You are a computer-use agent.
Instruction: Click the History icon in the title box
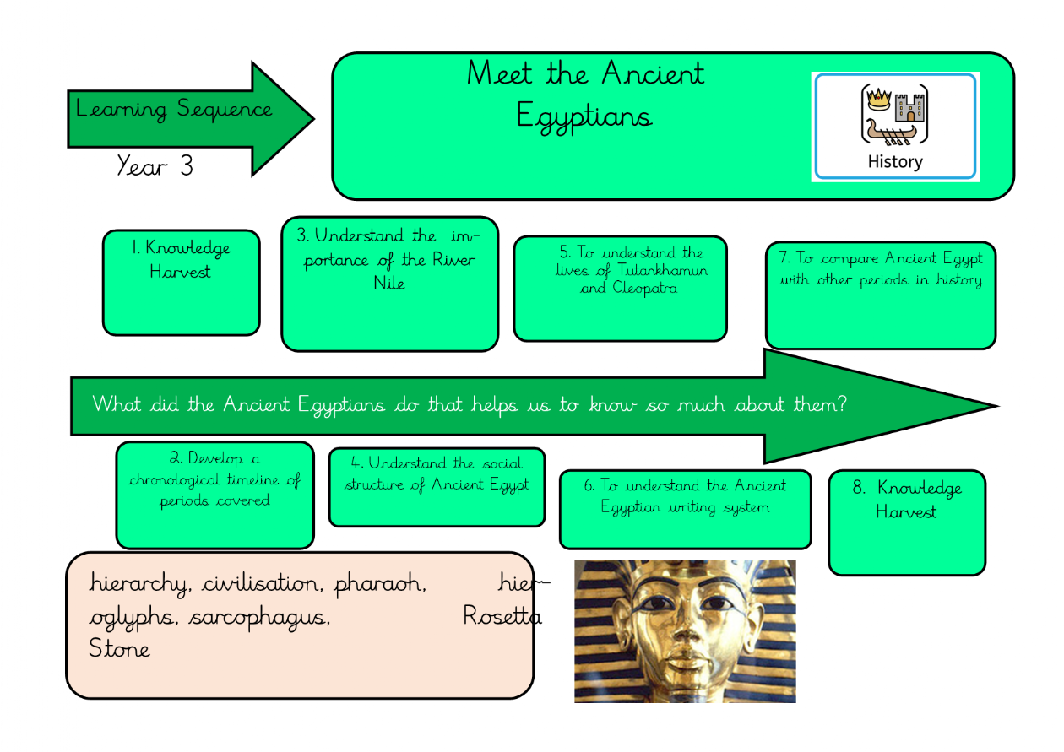pyautogui.click(x=894, y=127)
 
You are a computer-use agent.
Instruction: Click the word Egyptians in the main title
pyautogui.click(x=584, y=116)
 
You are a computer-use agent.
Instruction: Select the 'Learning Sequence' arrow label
pyautogui.click(x=174, y=110)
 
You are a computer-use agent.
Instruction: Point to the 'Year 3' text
pyautogui.click(x=155, y=165)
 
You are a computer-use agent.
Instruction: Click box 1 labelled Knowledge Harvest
pyautogui.click(x=181, y=283)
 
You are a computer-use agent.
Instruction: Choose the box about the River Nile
pyautogui.click(x=389, y=284)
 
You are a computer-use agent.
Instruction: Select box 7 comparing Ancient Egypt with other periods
pyautogui.click(x=881, y=295)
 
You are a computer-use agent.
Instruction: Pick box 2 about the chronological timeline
pyautogui.click(x=214, y=495)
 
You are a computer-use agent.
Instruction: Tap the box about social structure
pyautogui.click(x=437, y=487)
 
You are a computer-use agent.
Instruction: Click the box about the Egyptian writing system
pyautogui.click(x=685, y=509)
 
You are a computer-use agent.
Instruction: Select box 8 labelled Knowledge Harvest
pyautogui.click(x=906, y=522)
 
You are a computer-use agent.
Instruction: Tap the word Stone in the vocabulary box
pyautogui.click(x=119, y=649)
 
